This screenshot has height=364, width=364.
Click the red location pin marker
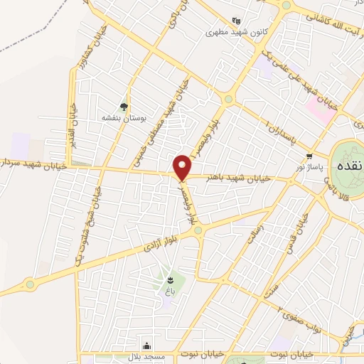point(183,166)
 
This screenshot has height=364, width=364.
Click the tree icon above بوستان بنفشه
point(124,107)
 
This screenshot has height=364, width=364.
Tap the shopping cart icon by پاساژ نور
point(309,156)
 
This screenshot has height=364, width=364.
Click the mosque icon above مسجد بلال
point(146,344)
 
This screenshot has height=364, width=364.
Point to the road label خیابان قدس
point(297,234)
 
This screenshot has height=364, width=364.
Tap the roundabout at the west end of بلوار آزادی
point(30,284)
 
